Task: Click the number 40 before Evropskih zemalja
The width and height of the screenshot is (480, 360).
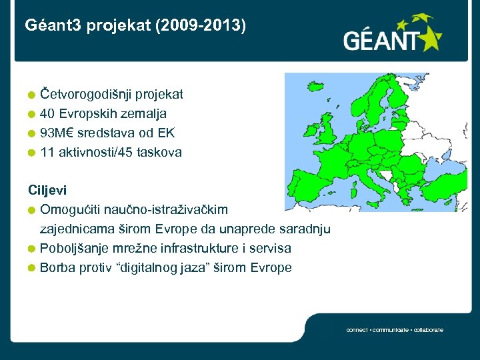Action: pos(47,114)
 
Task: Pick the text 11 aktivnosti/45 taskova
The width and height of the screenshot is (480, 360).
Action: pos(111,153)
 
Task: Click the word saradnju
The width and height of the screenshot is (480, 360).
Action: pos(305,229)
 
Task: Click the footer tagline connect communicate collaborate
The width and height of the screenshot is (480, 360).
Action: pos(395,330)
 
